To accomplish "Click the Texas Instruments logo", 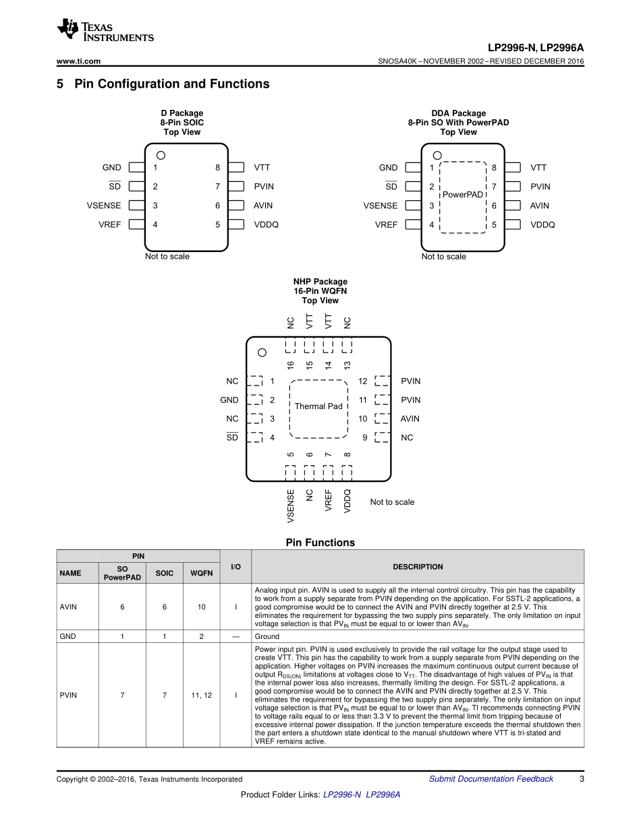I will (x=105, y=31).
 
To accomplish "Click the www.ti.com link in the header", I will (x=78, y=61).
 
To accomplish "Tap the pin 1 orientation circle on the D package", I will (x=161, y=155).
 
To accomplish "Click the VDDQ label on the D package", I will (x=266, y=224).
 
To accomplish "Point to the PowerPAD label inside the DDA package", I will (x=463, y=195).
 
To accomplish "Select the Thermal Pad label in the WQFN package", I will (x=318, y=406).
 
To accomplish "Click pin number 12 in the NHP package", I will (x=363, y=381).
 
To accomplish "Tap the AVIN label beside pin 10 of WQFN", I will (x=410, y=419).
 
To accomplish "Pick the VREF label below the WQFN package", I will (x=329, y=501).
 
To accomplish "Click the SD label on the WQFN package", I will (x=232, y=437).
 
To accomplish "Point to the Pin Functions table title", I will (x=320, y=543).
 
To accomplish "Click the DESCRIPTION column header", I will (x=418, y=567).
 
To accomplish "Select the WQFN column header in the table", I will (x=201, y=574).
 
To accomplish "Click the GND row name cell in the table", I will (x=67, y=636).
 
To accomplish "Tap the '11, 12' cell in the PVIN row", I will (x=201, y=695).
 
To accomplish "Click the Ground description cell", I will (x=268, y=636).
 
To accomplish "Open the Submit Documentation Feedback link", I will (x=491, y=779).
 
